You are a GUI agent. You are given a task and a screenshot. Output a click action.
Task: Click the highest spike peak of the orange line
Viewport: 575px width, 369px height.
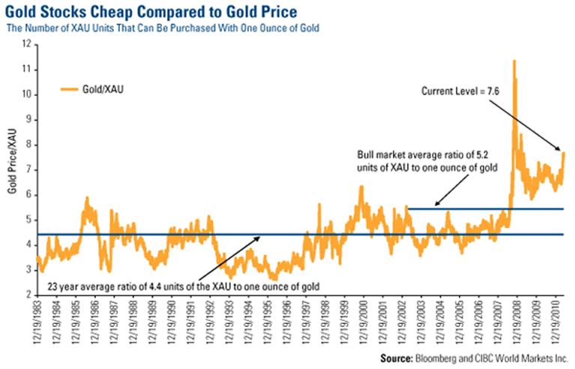[x=514, y=61]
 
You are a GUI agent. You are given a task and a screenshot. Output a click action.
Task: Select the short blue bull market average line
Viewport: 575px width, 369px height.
[x=480, y=208]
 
